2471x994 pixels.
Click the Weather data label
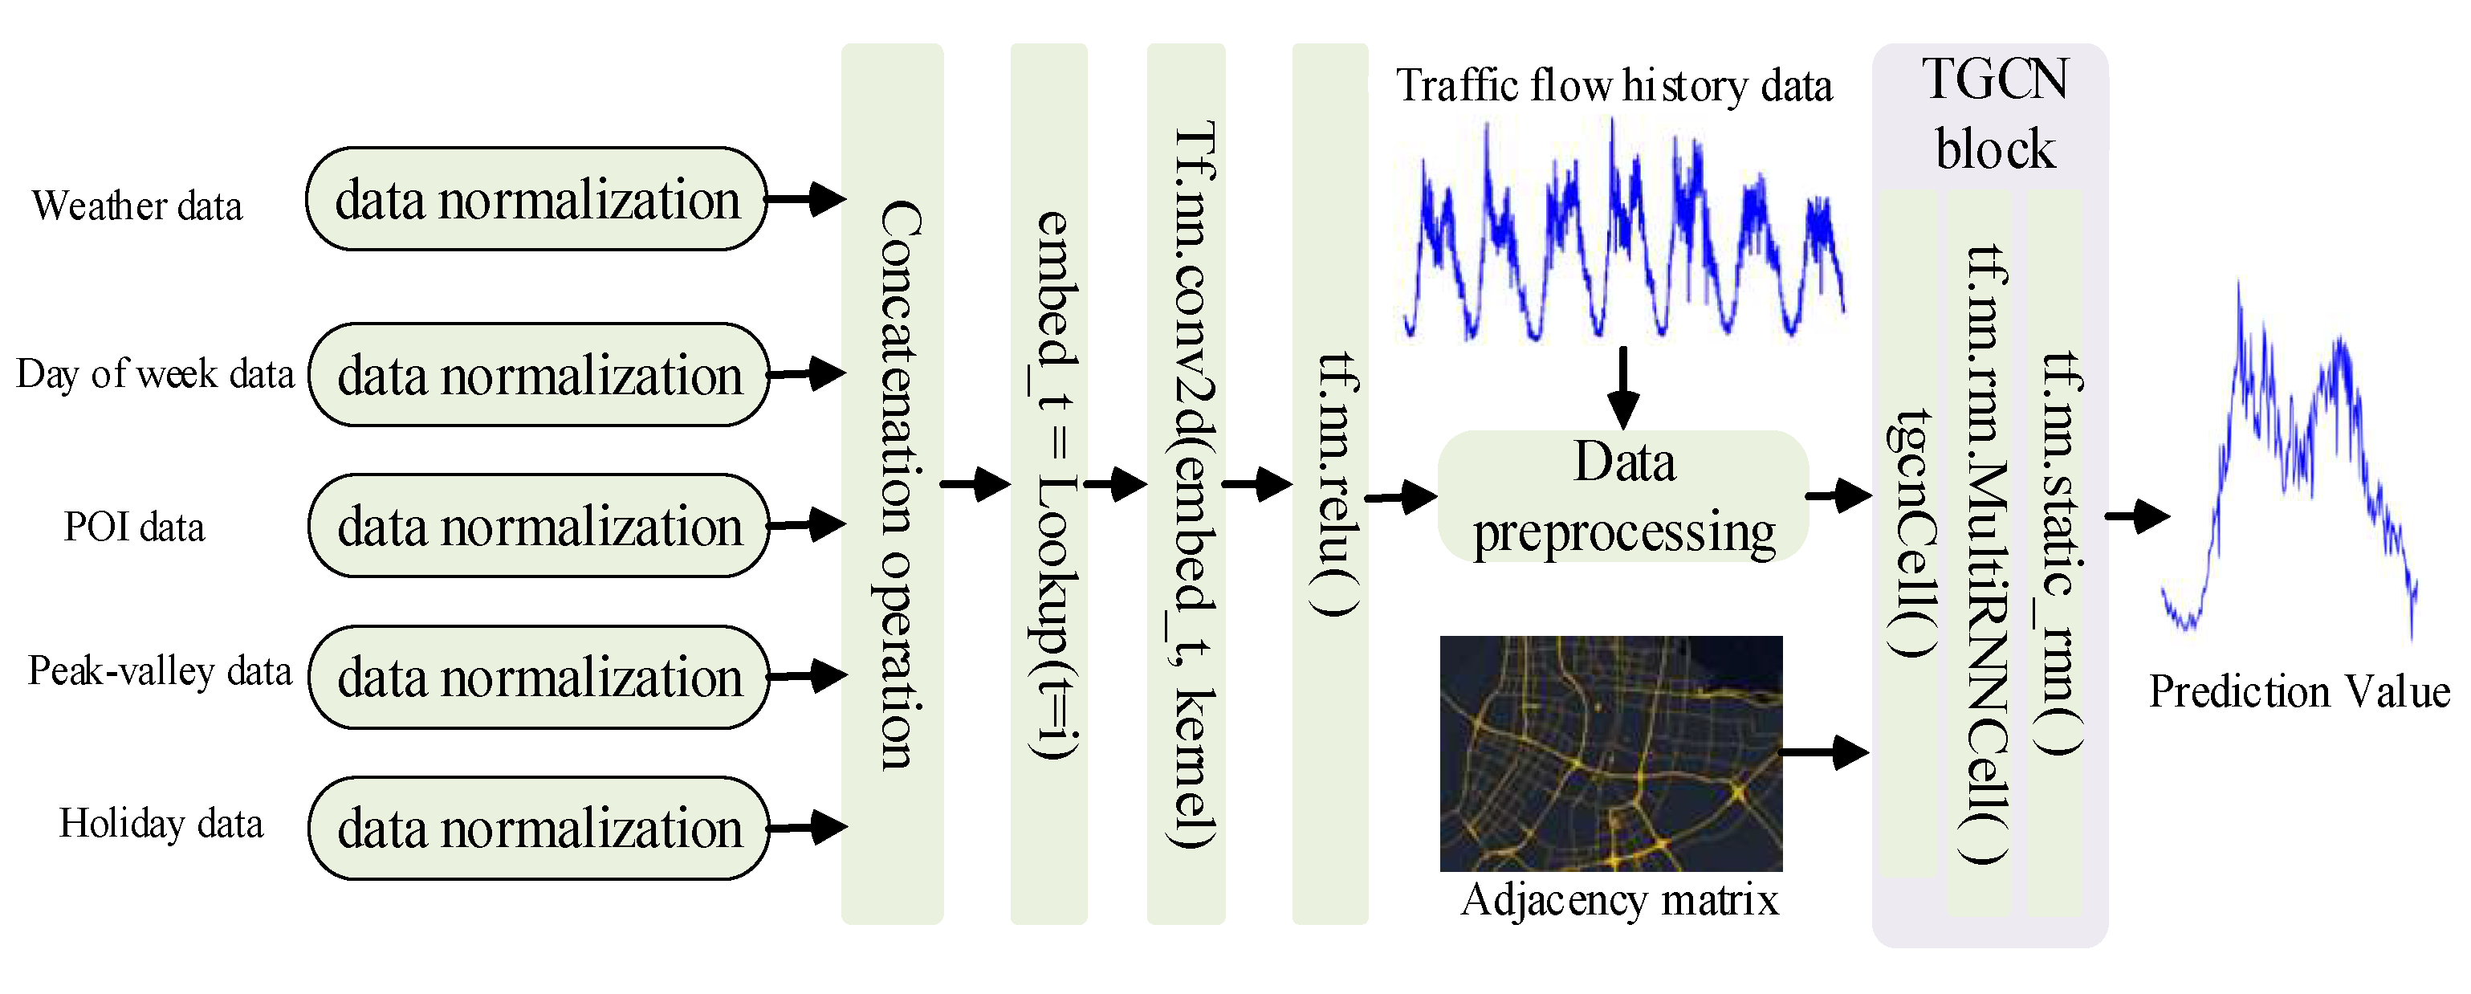point(137,206)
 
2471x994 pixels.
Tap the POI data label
point(134,527)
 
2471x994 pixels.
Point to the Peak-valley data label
point(159,670)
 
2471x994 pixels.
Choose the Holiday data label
point(161,823)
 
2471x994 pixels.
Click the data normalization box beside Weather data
point(536,200)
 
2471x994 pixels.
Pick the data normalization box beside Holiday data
point(538,828)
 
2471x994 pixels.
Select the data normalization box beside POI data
point(538,526)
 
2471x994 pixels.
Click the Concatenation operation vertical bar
point(892,483)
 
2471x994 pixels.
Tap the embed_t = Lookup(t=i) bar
point(1048,483)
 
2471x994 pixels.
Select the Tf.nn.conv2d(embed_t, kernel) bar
point(1186,483)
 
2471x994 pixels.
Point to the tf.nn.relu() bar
point(1329,483)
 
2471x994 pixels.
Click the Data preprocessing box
point(1623,496)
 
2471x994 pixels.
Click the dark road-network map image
point(1610,753)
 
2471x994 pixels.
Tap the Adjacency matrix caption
point(1619,900)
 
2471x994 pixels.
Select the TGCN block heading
point(1994,113)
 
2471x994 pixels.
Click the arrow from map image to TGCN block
point(1825,752)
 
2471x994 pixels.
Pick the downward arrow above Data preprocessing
point(1623,388)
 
